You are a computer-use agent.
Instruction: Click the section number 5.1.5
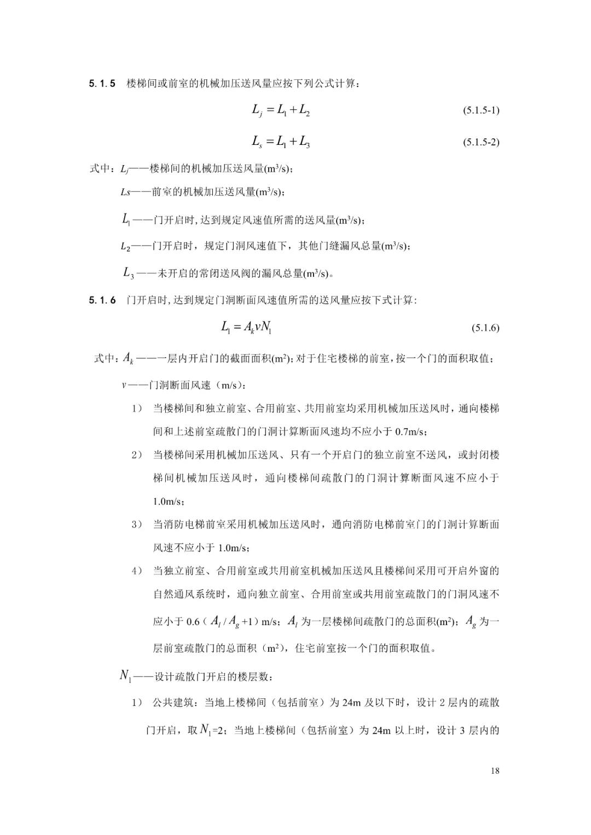[x=102, y=84]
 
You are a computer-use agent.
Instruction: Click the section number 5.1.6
[x=102, y=300]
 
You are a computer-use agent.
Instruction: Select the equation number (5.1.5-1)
[x=481, y=110]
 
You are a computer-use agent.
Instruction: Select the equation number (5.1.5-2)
[x=481, y=143]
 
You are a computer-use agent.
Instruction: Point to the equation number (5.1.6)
[x=485, y=328]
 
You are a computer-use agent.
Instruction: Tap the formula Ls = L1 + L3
[x=281, y=142]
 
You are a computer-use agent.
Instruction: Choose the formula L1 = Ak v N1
[x=246, y=328]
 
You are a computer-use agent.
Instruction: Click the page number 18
[x=495, y=771]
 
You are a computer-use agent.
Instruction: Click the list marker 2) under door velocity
[x=137, y=455]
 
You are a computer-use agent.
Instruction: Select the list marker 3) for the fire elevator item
[x=137, y=524]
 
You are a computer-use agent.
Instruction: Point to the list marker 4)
[x=137, y=571]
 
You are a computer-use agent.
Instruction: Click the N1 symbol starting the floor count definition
[x=125, y=676]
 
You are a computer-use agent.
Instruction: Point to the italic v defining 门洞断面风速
[x=124, y=385]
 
